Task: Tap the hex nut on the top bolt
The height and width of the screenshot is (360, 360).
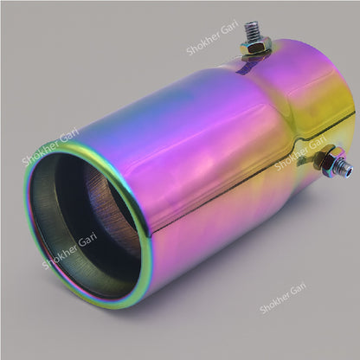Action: point(257,53)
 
